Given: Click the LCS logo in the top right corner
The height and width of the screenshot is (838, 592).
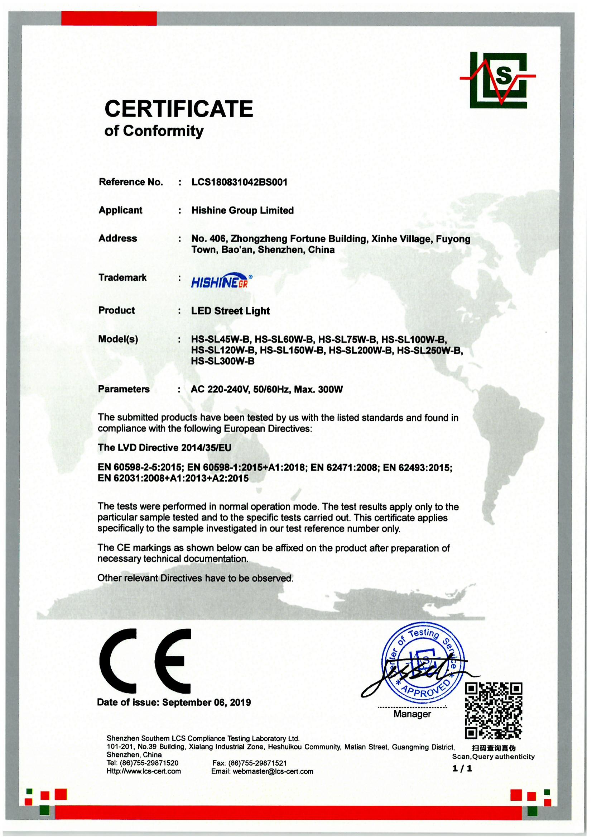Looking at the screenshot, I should (498, 80).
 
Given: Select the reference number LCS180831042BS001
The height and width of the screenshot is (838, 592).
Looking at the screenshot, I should (239, 182).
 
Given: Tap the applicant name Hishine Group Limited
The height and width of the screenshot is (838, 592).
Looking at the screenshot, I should (242, 211).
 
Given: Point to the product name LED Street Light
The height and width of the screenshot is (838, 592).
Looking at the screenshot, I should (231, 311).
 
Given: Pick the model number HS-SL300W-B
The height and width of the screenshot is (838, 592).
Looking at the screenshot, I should (223, 361).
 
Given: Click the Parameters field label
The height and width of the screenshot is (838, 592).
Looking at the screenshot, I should (124, 389).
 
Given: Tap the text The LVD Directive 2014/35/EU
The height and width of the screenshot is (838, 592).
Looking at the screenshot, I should (164, 448).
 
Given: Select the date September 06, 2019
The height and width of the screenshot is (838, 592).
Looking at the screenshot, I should (206, 703).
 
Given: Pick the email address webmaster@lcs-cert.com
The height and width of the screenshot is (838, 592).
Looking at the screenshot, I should (273, 772).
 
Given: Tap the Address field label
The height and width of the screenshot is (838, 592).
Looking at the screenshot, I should (118, 238).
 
